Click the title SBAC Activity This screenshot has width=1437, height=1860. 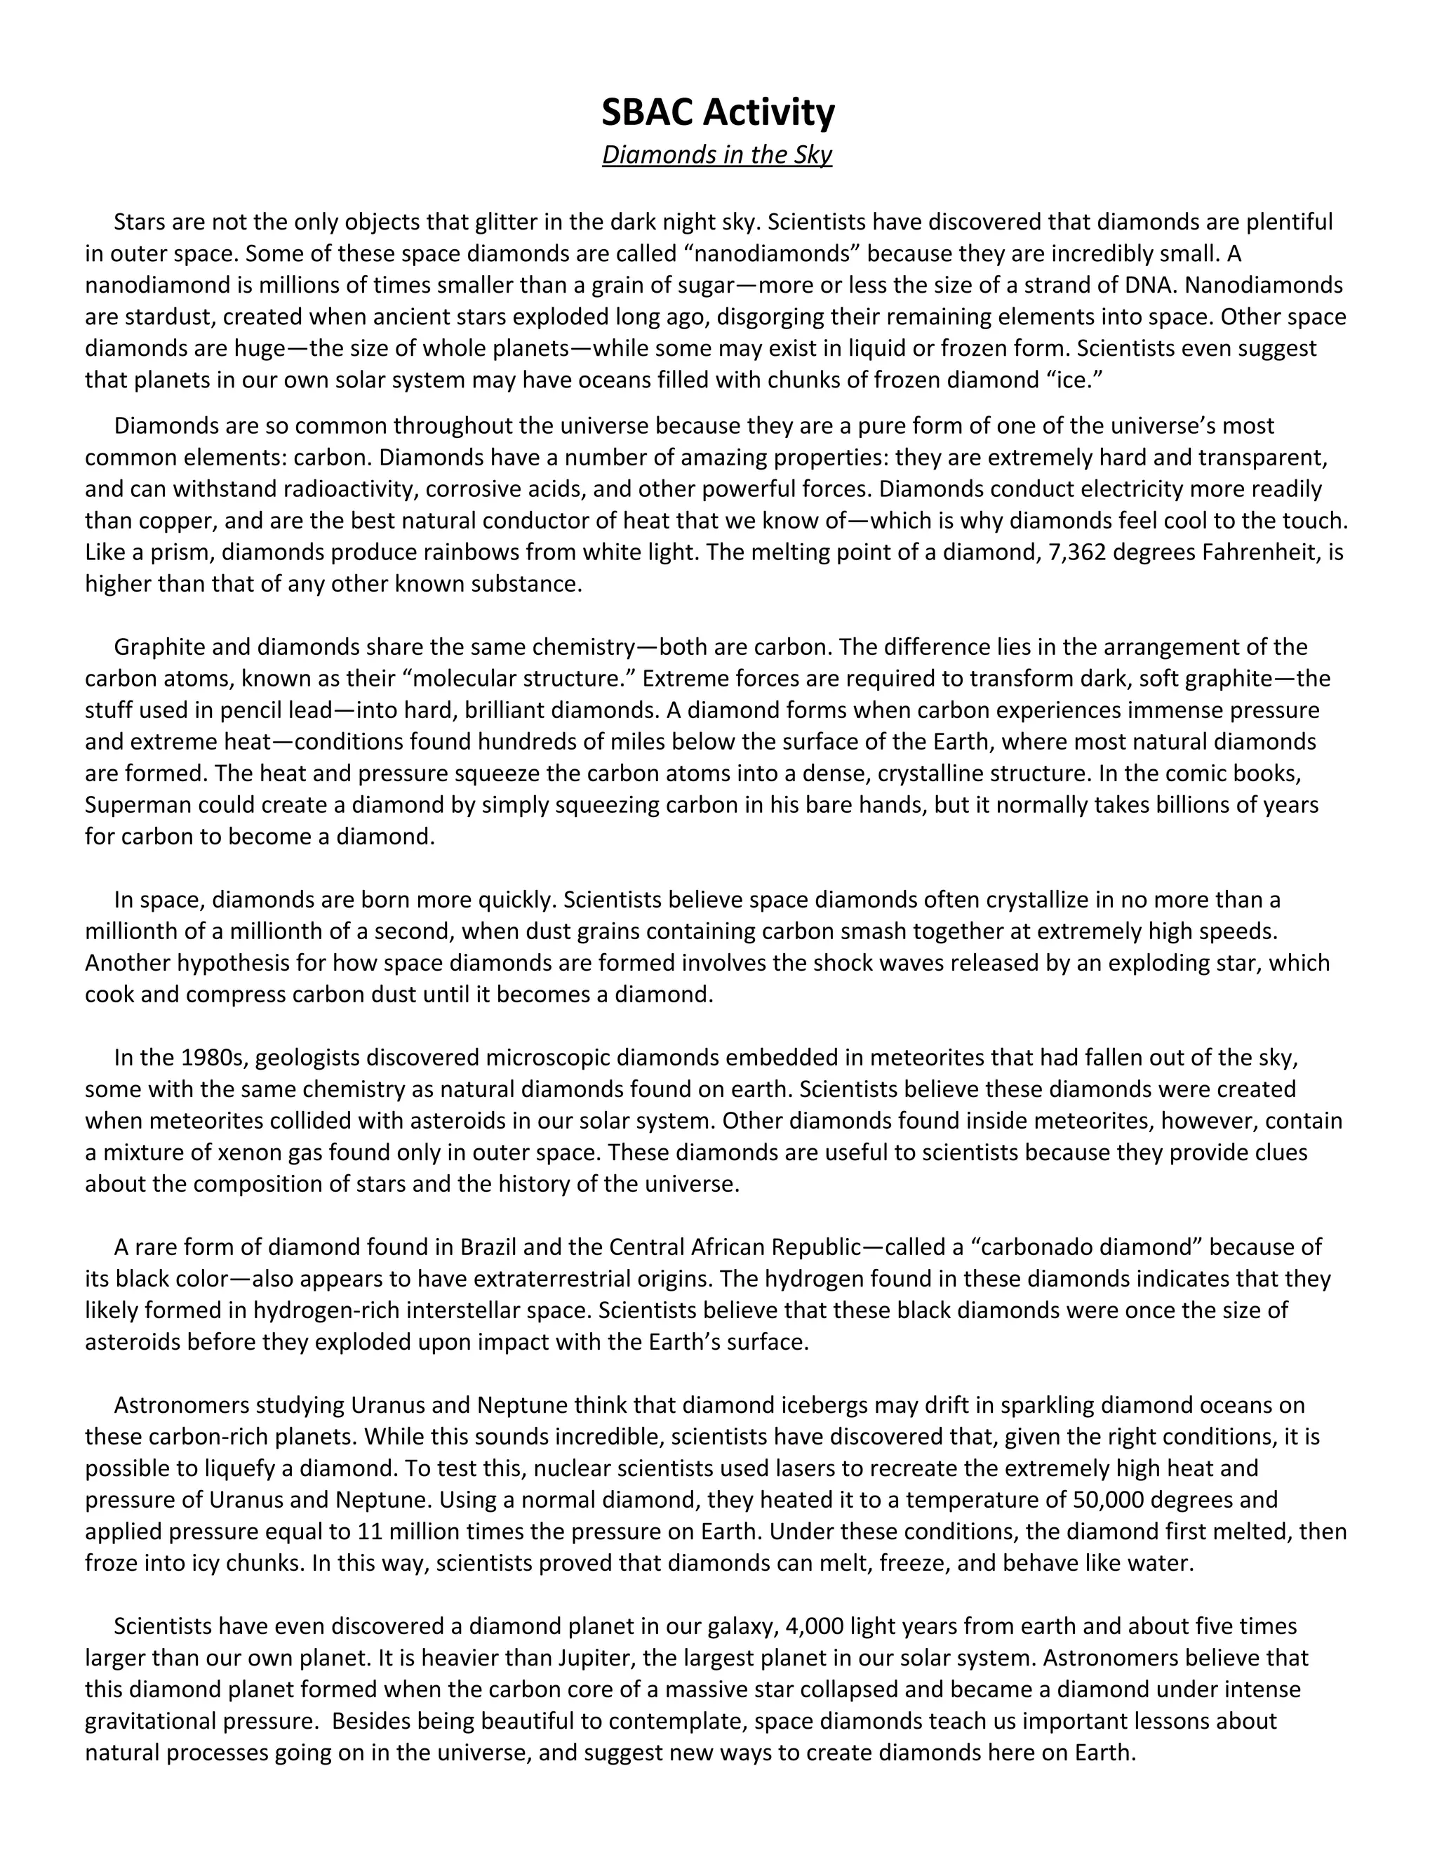(x=718, y=112)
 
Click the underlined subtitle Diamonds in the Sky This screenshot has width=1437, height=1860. (x=717, y=155)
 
